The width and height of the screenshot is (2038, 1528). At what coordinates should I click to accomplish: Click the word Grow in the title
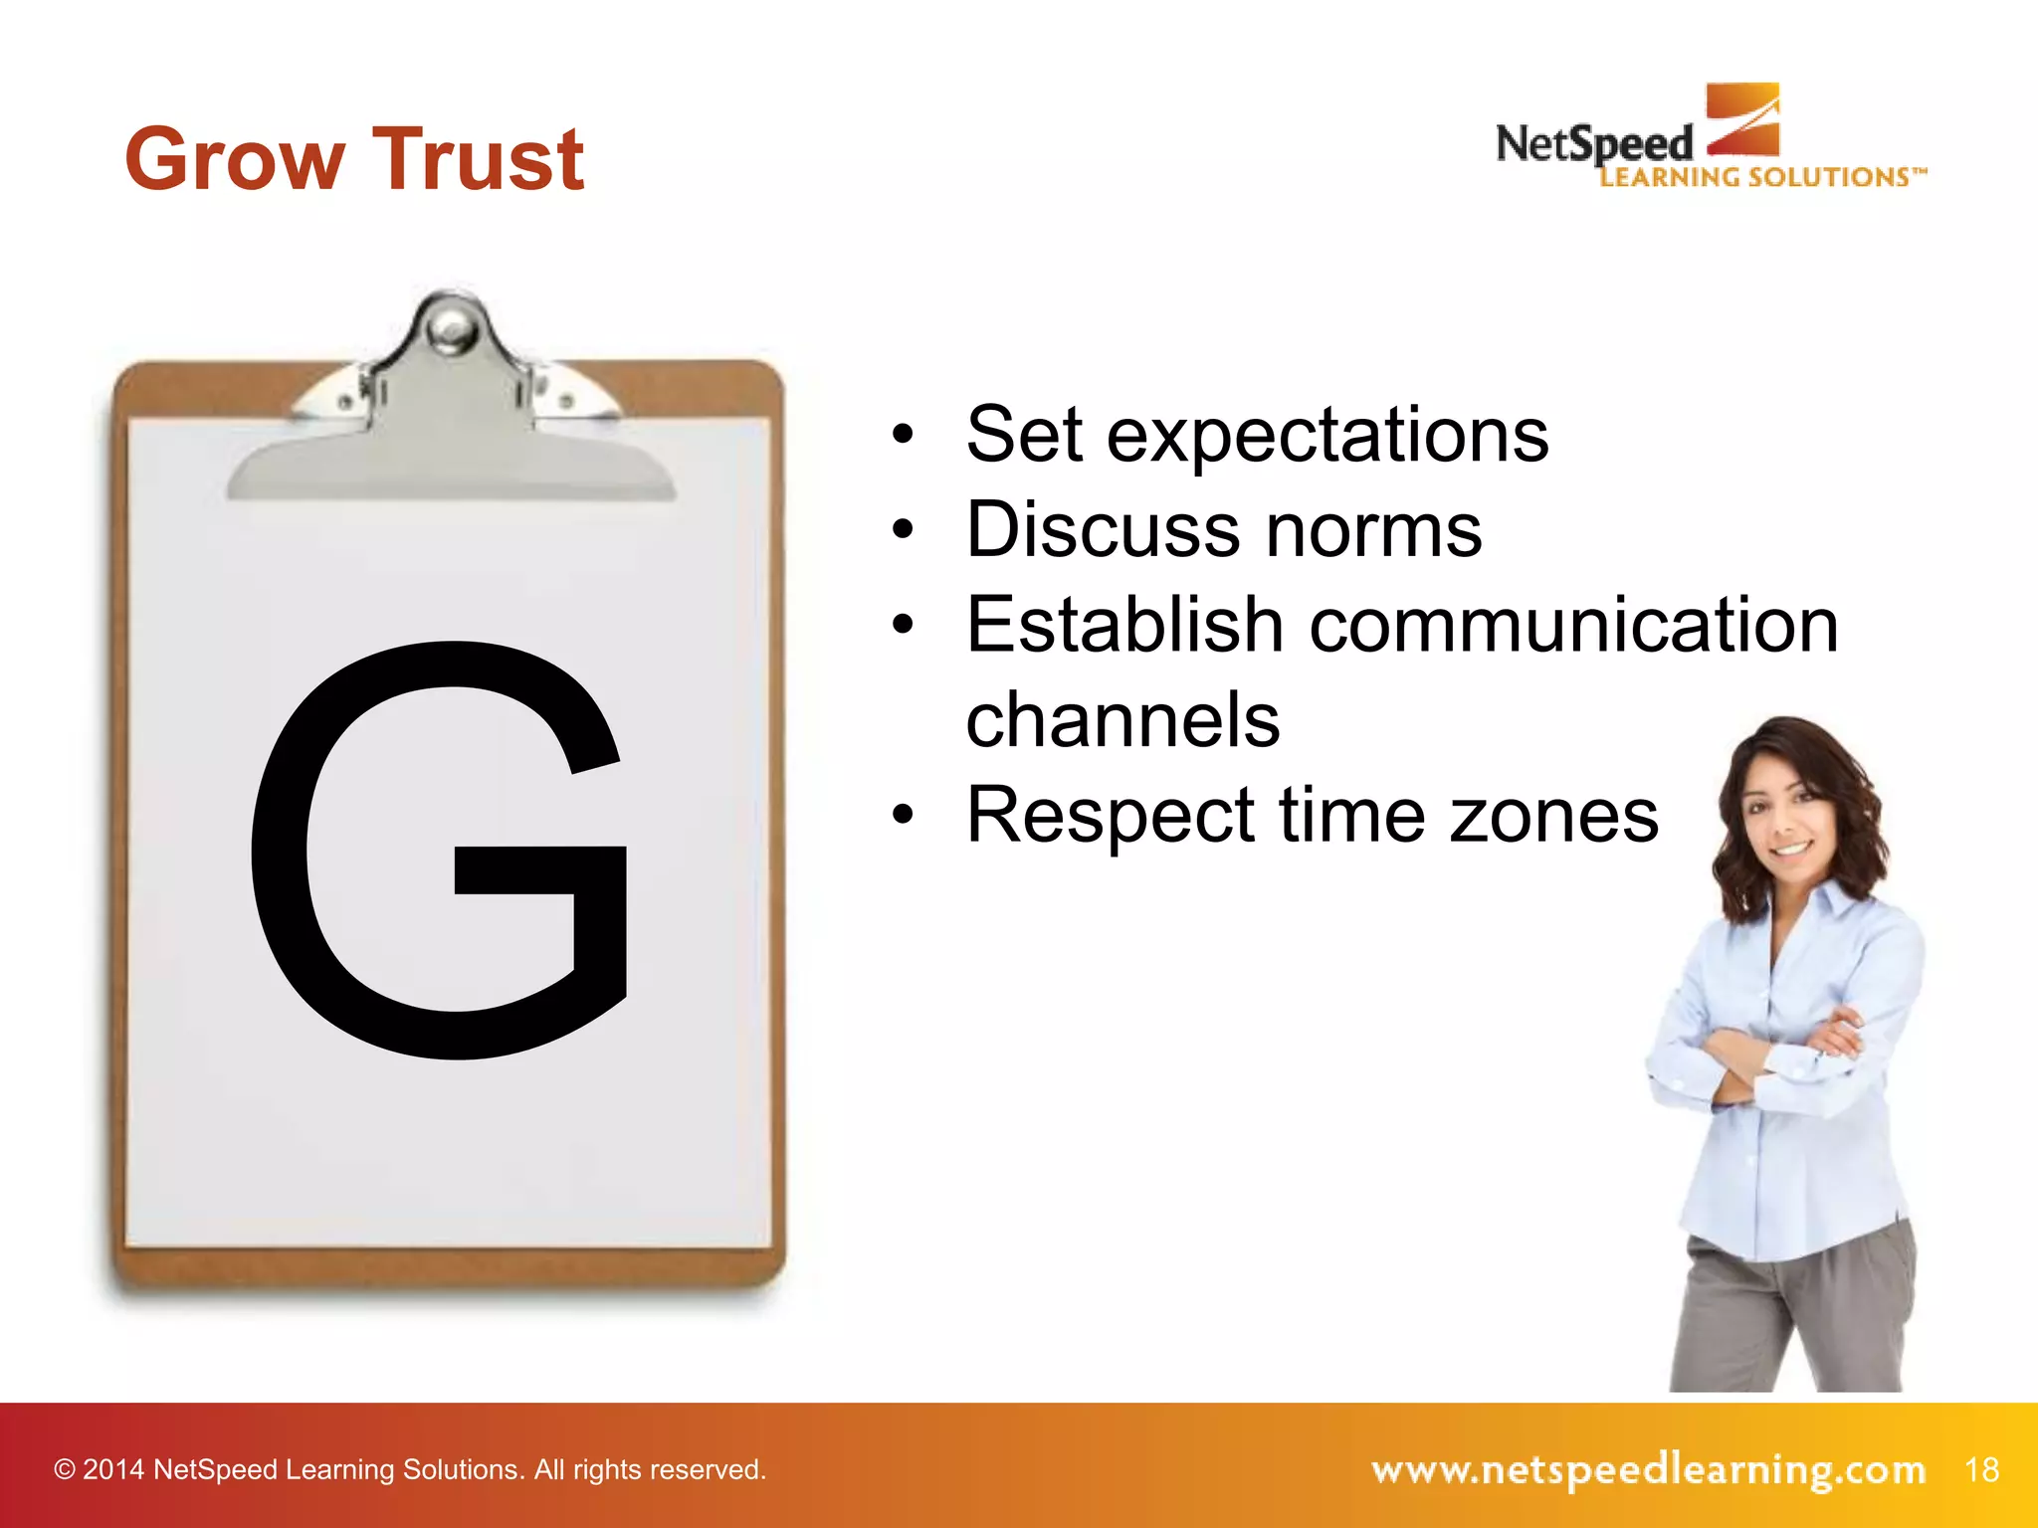tap(235, 159)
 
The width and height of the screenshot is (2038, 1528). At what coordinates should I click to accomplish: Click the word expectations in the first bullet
tap(1327, 436)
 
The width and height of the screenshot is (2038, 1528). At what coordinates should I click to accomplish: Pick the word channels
tap(1122, 719)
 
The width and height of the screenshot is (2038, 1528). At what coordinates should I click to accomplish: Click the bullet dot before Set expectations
tap(903, 435)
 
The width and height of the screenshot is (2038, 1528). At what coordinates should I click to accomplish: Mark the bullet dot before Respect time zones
tap(903, 816)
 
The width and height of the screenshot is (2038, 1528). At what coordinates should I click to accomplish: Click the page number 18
tap(1982, 1469)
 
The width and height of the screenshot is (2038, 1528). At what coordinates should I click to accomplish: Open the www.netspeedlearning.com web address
tap(1648, 1469)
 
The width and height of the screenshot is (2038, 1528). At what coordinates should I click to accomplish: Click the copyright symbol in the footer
tap(65, 1470)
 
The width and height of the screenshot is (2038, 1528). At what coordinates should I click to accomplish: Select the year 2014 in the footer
tap(113, 1470)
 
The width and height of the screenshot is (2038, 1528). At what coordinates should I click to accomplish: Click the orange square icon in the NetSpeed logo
tap(1742, 119)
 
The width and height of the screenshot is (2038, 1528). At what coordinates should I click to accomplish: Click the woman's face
tap(1786, 811)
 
